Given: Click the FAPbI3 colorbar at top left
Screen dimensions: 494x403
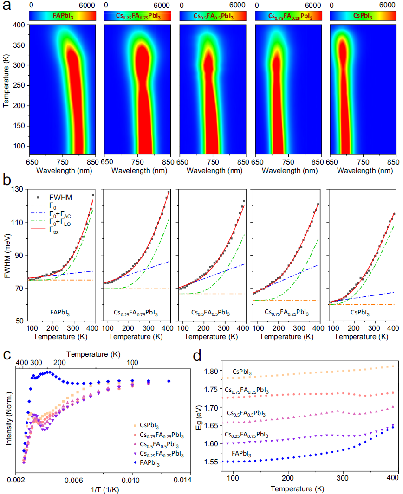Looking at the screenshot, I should (x=63, y=16).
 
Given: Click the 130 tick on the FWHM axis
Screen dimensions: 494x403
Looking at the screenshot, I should (x=19, y=190).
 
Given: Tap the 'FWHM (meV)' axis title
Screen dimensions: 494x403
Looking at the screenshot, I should (x=6, y=255).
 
